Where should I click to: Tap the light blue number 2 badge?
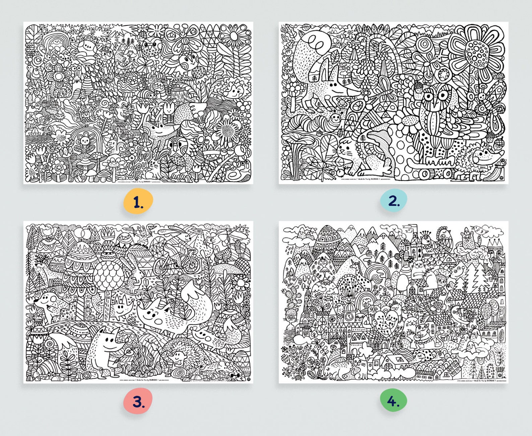(394, 201)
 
